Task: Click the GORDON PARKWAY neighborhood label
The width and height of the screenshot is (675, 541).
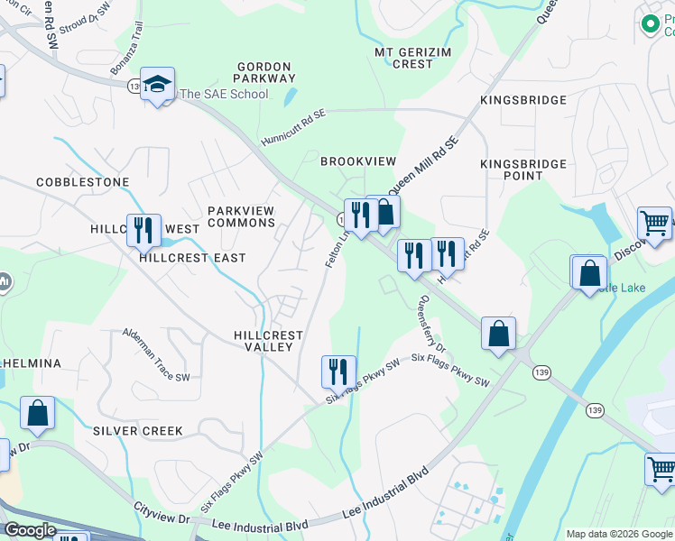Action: click(264, 73)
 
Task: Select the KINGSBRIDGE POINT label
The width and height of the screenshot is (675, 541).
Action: click(523, 170)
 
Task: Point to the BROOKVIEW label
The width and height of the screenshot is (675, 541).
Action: click(358, 161)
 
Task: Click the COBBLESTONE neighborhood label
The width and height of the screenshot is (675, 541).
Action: click(83, 182)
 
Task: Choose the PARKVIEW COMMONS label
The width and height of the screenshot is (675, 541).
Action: click(241, 216)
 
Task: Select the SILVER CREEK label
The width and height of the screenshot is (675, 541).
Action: click(138, 431)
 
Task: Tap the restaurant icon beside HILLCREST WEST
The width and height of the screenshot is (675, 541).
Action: click(143, 230)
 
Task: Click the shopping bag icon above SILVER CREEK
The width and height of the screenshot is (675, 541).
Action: click(38, 413)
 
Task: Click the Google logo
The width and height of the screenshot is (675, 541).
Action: click(30, 530)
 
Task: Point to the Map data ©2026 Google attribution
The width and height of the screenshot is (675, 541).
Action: click(618, 534)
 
